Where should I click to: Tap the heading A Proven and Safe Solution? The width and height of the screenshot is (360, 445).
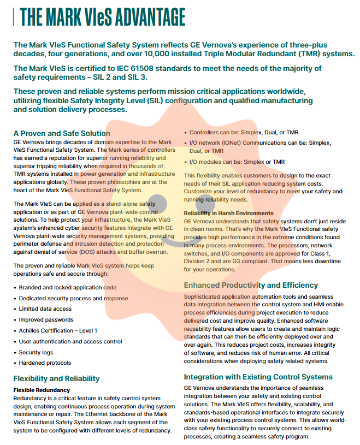pos(62,133)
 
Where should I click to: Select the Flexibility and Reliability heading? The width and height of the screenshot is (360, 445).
pos(56,378)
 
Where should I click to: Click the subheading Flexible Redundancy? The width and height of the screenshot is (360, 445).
pos(42,390)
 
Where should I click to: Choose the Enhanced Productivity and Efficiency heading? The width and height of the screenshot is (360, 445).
pos(251,285)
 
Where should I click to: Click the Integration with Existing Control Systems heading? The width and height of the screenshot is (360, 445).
pos(258,377)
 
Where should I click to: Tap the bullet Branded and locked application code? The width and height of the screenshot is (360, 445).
pos(67,287)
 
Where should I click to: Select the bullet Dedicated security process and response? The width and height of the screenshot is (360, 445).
pos(73,299)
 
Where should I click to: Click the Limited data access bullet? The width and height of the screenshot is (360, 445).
pos(45,309)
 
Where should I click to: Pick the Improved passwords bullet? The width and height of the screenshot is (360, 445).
pos(46,320)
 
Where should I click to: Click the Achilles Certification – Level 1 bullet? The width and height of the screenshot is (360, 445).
pos(58,330)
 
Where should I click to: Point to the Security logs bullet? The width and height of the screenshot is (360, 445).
pos(36,352)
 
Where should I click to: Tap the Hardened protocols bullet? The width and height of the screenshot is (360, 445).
pos(45,363)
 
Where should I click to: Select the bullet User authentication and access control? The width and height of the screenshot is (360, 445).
pos(70,341)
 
